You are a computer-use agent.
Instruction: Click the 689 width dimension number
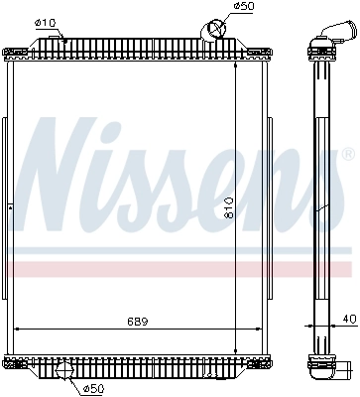(139, 320)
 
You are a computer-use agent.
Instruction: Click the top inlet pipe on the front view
(214, 31)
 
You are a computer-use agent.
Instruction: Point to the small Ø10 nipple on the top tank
(63, 39)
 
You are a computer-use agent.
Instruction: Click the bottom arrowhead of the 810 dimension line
(235, 349)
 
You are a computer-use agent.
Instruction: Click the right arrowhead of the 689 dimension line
(256, 328)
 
